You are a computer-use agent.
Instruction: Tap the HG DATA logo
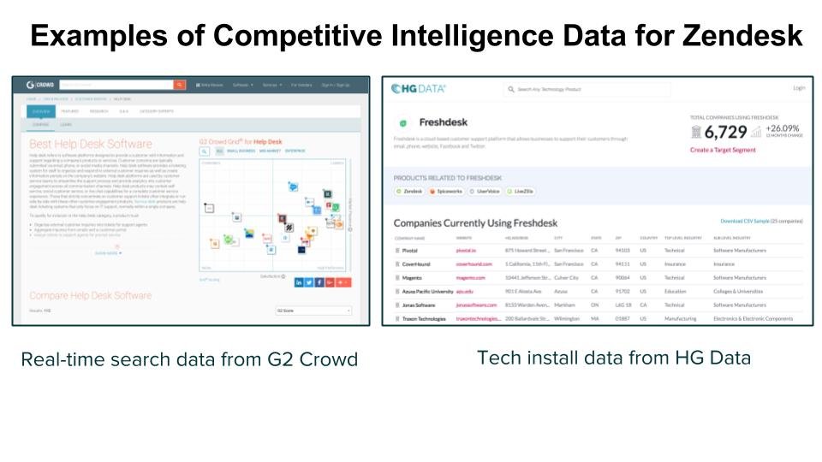419,88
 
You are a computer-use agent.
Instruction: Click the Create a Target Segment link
723,150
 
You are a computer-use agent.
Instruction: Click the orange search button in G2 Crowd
179,85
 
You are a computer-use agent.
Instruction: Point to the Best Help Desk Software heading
90,144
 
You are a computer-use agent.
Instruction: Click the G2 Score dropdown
313,311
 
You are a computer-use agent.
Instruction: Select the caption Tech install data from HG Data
613,358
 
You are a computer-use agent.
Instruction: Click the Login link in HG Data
799,88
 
